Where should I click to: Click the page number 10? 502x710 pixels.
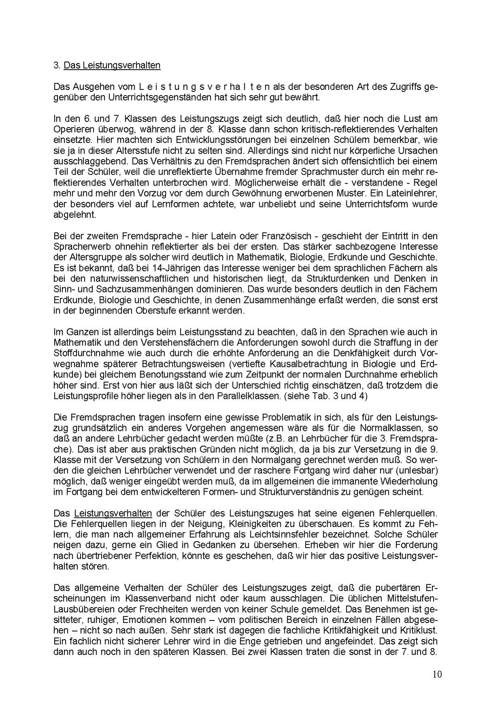(x=437, y=674)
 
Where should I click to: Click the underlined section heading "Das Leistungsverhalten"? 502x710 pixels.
(x=112, y=65)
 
